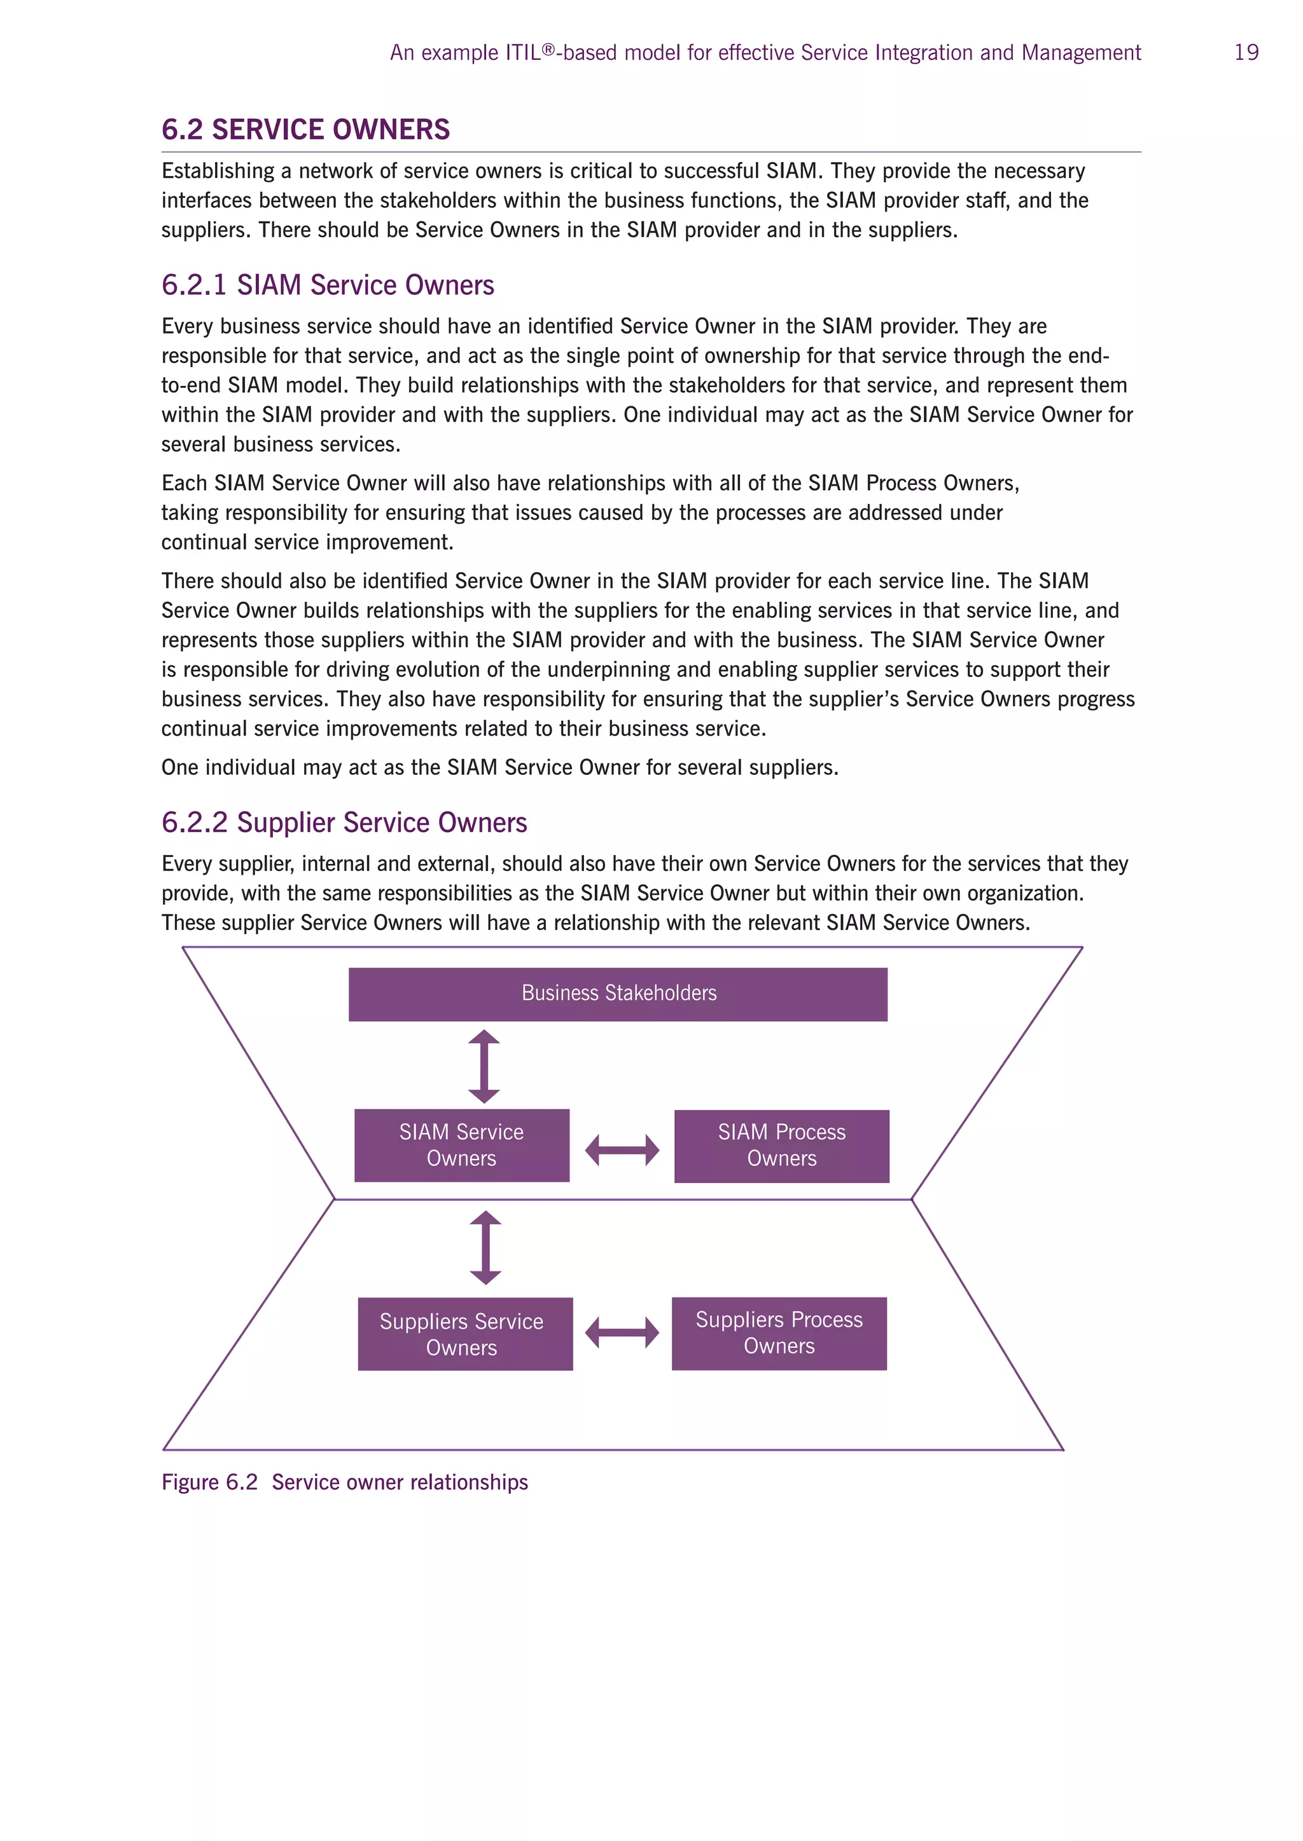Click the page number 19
[x=1246, y=53]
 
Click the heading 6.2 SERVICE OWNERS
[x=305, y=130]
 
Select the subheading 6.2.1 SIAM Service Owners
[x=328, y=285]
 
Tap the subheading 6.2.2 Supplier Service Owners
[x=344, y=823]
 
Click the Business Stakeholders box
[x=618, y=994]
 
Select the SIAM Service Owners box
[x=461, y=1145]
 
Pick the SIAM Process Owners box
[x=781, y=1146]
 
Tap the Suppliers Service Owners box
[x=464, y=1334]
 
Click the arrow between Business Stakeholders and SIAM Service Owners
[x=484, y=1067]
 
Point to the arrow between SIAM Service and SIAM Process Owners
[x=622, y=1150]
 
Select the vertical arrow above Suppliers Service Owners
[x=485, y=1248]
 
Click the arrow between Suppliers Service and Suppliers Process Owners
[x=622, y=1332]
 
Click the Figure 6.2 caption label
[x=209, y=1482]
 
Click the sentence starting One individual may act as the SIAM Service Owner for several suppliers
[x=499, y=768]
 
